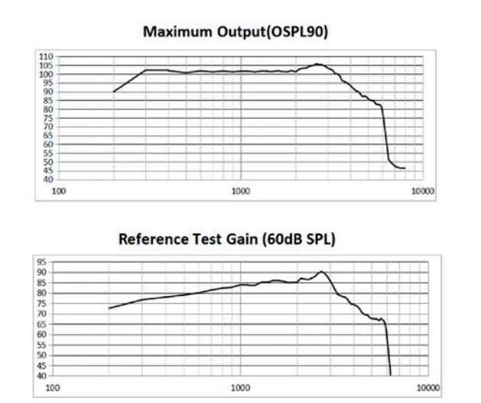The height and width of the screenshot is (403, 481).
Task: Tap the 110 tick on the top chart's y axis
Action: (x=47, y=57)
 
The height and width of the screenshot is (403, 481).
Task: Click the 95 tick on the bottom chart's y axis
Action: (x=43, y=262)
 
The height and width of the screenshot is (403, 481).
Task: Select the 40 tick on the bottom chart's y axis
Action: (x=43, y=375)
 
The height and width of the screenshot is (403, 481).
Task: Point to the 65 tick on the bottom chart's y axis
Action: (x=43, y=324)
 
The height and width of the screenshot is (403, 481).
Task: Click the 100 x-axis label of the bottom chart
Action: (x=54, y=388)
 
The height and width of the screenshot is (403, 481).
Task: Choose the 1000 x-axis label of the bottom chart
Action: (x=241, y=388)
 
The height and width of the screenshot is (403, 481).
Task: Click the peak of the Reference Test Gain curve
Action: (x=322, y=271)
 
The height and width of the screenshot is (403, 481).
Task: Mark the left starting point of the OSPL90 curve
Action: (x=113, y=92)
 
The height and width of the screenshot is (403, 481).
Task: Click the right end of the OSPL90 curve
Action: (x=405, y=168)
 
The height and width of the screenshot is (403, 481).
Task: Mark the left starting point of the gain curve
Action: (x=109, y=308)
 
